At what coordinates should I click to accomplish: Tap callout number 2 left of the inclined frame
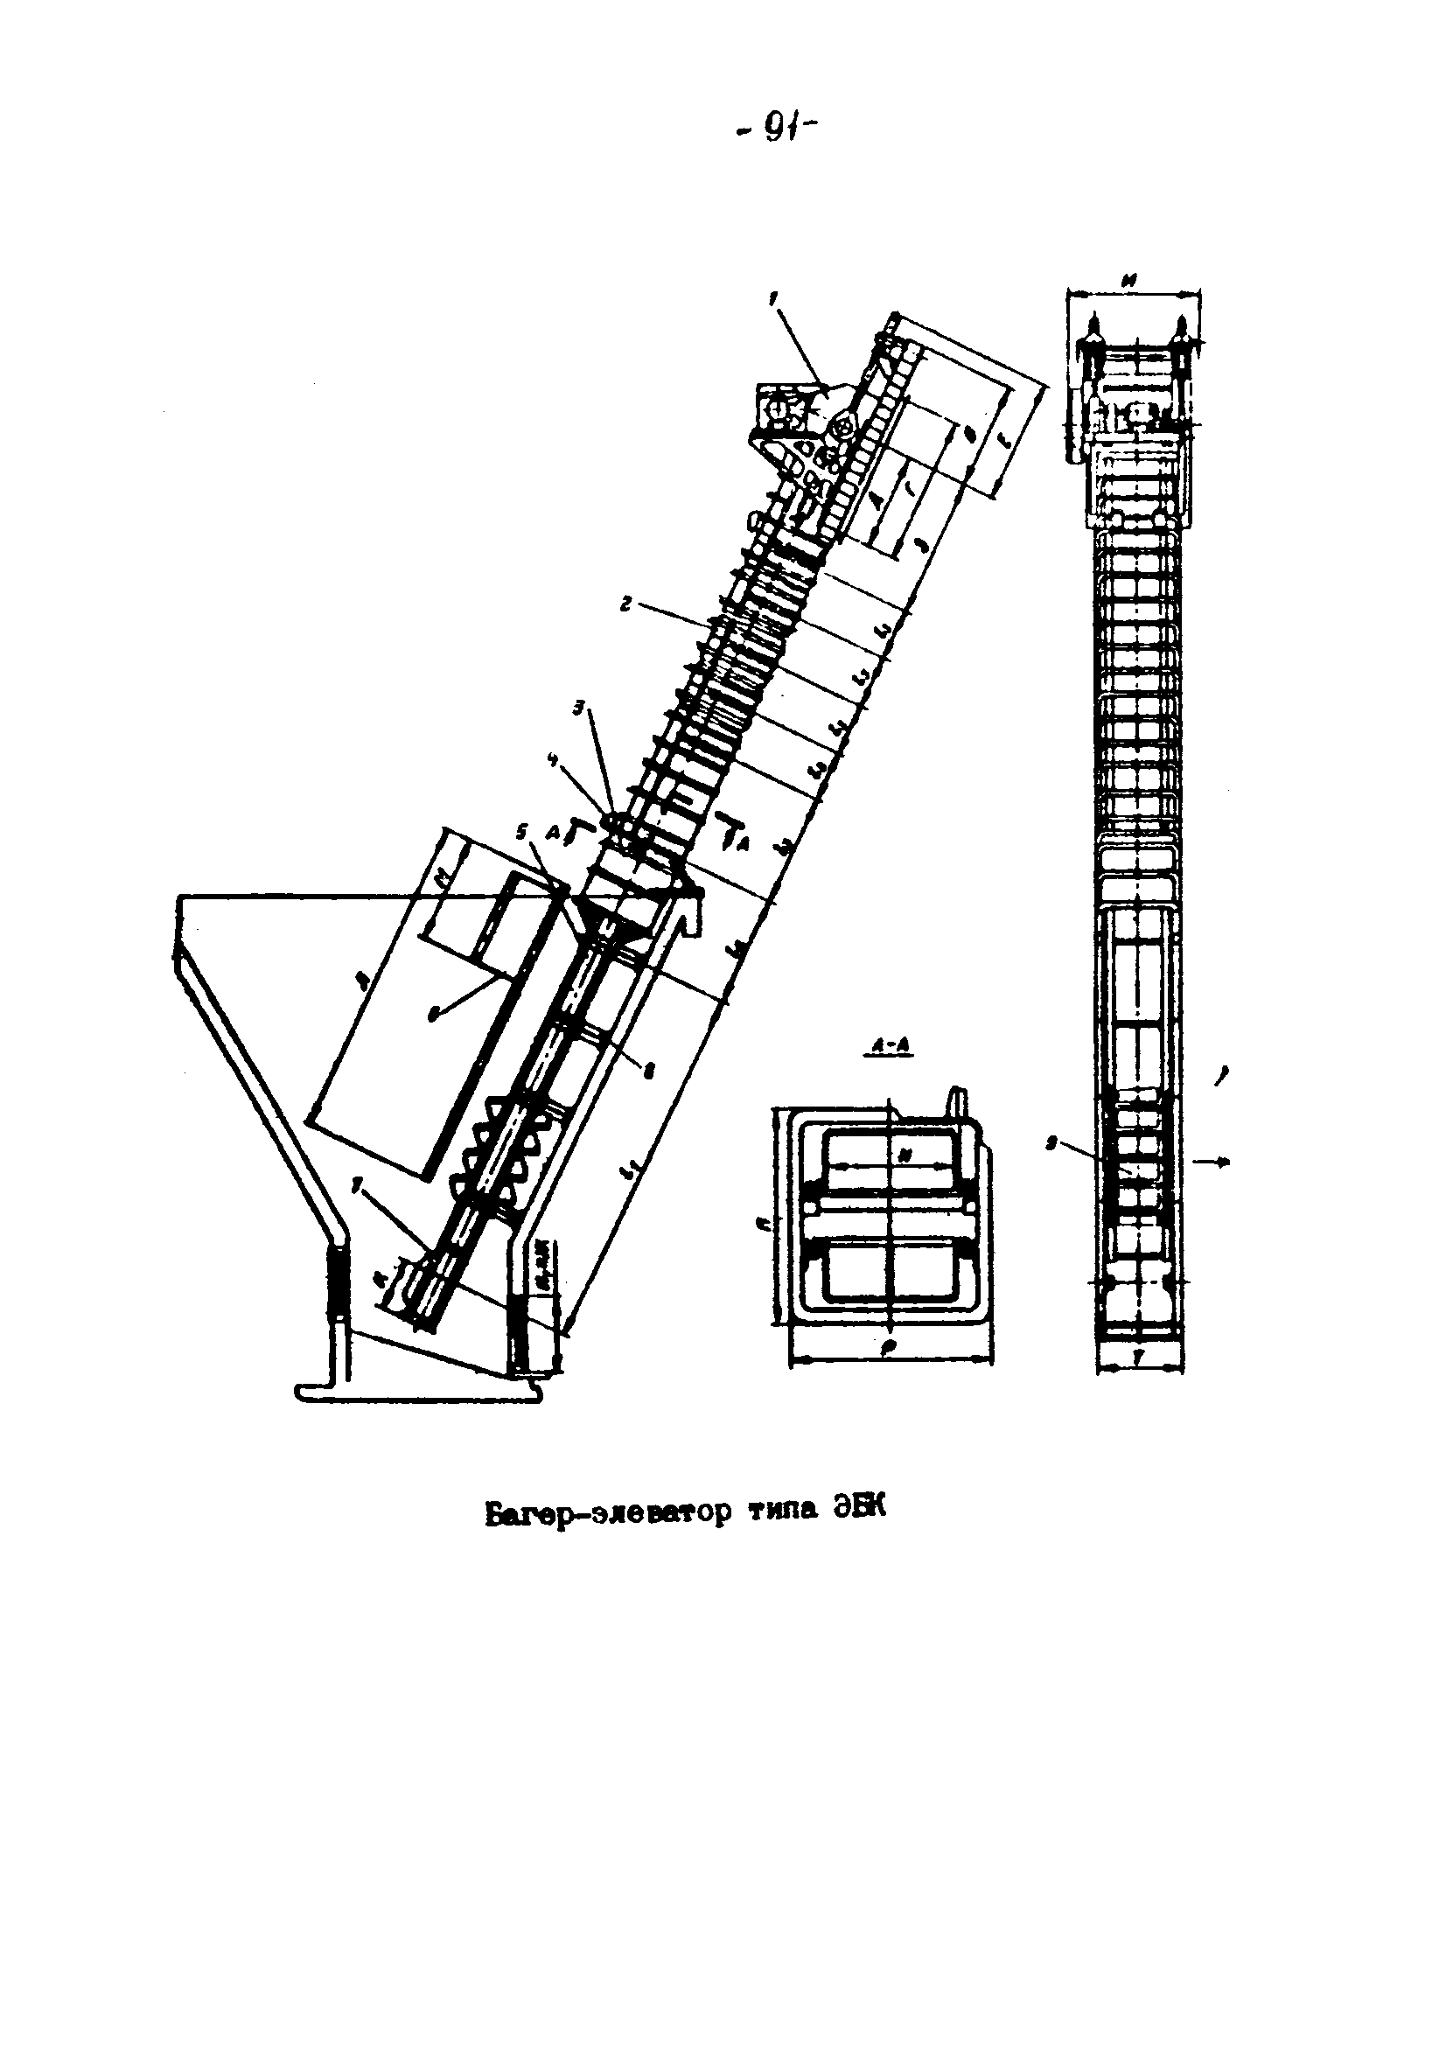(x=623, y=606)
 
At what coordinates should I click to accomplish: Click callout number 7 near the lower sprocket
(x=359, y=1191)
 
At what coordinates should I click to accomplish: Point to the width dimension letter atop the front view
(x=1132, y=281)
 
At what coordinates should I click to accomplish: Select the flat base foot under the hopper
(x=419, y=1393)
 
